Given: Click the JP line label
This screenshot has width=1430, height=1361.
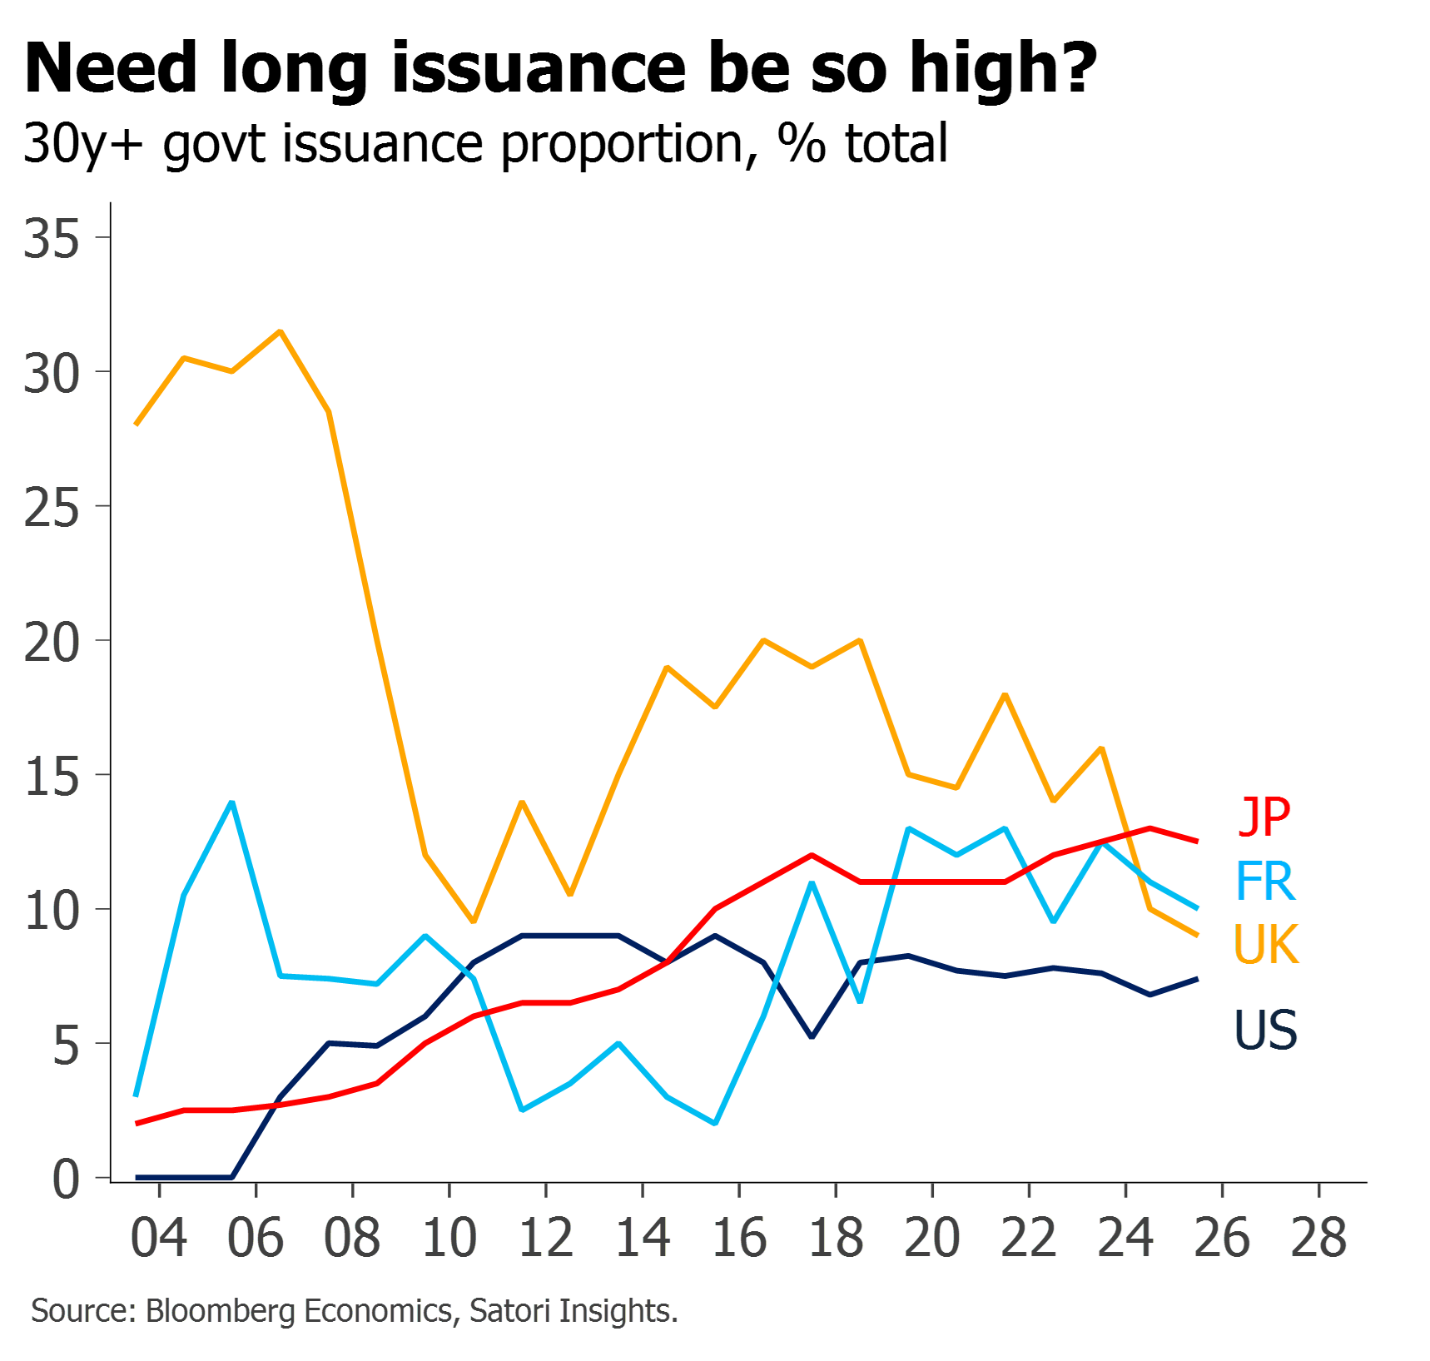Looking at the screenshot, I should [x=1265, y=817].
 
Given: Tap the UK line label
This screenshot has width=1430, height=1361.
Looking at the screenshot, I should [x=1266, y=944].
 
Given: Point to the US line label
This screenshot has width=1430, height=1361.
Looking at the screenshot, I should [x=1265, y=1030].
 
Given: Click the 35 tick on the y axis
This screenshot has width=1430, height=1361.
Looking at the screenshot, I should [x=52, y=239].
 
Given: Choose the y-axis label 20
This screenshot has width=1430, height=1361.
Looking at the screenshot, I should [x=52, y=643].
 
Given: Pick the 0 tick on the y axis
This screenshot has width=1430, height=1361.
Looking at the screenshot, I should [x=66, y=1180].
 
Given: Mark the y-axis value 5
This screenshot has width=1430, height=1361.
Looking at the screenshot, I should [x=66, y=1046].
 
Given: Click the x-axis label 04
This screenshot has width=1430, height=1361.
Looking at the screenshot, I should [x=159, y=1238].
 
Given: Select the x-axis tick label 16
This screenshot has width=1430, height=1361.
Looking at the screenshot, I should [x=739, y=1238].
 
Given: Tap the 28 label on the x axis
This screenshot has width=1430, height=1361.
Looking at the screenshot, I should [x=1319, y=1238].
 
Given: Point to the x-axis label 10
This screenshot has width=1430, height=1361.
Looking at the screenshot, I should [x=449, y=1238].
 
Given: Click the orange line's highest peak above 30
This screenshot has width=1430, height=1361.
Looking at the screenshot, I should [x=281, y=331].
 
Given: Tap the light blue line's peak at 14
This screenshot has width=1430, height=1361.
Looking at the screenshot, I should [x=232, y=802].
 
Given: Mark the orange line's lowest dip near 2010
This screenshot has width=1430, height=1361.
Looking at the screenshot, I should [x=474, y=921].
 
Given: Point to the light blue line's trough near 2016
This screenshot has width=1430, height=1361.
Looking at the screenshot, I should [x=716, y=1123].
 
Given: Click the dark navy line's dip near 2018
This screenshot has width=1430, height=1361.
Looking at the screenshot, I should [x=812, y=1037].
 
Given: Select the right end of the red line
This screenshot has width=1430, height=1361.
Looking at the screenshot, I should [x=1198, y=842].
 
